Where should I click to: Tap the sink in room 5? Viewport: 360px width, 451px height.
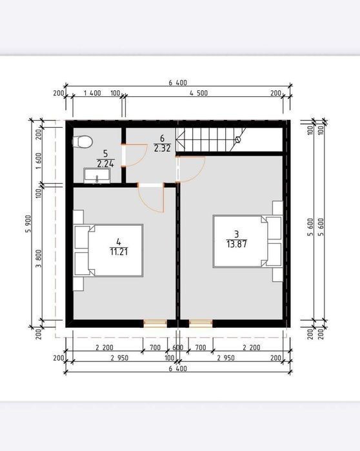(97, 175)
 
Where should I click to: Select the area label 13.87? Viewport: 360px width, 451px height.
(237, 244)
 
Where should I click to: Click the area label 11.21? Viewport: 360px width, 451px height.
(119, 252)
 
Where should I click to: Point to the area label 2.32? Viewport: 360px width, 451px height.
(163, 148)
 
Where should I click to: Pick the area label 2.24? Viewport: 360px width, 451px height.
(106, 164)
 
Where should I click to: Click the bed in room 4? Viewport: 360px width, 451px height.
(108, 250)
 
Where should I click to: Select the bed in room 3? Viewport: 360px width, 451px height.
(247, 241)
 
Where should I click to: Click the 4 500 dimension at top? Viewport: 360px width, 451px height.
(199, 93)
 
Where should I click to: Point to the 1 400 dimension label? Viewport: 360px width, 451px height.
(92, 93)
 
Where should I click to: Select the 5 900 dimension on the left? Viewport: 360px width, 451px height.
(28, 224)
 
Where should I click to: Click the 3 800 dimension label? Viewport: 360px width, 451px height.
(39, 258)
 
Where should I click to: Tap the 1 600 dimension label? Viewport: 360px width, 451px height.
(39, 161)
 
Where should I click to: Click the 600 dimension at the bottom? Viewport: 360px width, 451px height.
(177, 348)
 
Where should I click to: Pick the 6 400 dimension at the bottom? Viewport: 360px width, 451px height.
(177, 368)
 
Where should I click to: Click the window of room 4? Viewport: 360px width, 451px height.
(155, 324)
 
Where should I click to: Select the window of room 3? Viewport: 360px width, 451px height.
(201, 324)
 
